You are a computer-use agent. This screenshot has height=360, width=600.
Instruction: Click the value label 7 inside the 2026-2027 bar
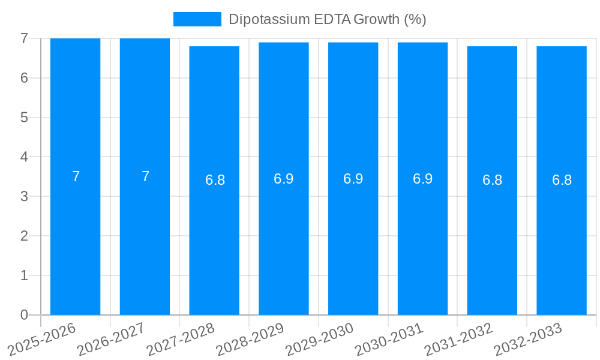click(145, 176)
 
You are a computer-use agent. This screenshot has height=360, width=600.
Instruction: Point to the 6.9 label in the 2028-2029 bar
click(284, 179)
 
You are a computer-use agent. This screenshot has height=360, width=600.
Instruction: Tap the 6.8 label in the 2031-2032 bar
click(492, 180)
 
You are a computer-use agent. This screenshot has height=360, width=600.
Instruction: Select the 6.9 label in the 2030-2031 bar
click(422, 179)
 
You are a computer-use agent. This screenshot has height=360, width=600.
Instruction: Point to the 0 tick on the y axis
click(24, 315)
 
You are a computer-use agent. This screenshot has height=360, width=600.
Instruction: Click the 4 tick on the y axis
click(24, 157)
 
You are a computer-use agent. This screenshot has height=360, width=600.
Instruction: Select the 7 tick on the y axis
click(24, 38)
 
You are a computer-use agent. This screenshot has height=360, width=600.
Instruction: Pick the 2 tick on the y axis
click(24, 236)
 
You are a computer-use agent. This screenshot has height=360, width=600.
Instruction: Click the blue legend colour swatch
click(197, 19)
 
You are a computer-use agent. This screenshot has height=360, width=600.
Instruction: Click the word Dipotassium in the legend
click(269, 19)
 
